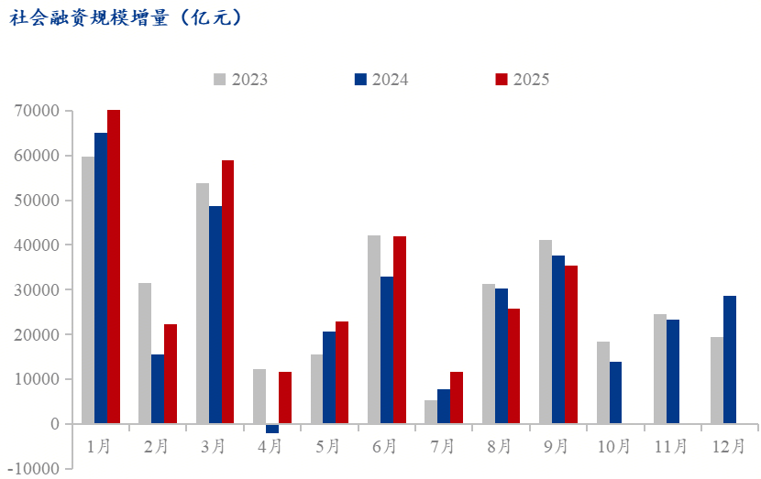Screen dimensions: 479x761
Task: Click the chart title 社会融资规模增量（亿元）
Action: [127, 18]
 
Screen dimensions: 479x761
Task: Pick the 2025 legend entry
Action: [523, 80]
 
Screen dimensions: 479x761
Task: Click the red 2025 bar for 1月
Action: [114, 266]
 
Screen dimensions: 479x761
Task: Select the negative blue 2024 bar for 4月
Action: [272, 428]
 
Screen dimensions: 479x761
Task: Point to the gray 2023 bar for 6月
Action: [374, 330]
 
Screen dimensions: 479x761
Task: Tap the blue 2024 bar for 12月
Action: [730, 360]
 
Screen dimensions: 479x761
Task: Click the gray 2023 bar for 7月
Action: [431, 412]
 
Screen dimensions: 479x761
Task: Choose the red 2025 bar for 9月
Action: [571, 344]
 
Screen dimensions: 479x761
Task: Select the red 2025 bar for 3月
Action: [228, 291]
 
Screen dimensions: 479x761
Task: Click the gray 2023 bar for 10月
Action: [603, 383]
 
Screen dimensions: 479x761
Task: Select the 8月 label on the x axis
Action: [500, 446]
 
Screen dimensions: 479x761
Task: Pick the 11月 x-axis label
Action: [671, 446]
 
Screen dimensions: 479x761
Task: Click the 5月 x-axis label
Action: [328, 446]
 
